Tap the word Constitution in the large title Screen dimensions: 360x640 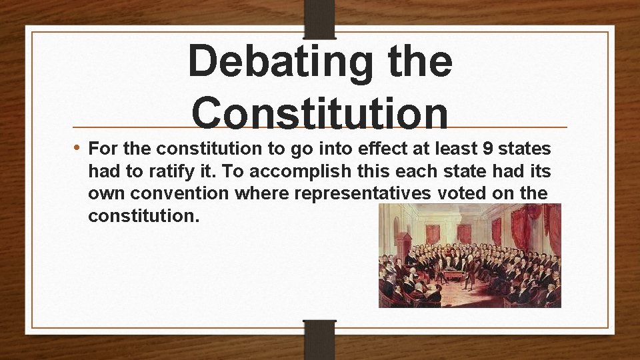320,112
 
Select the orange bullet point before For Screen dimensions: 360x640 79,147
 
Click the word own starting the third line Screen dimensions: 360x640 106,193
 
